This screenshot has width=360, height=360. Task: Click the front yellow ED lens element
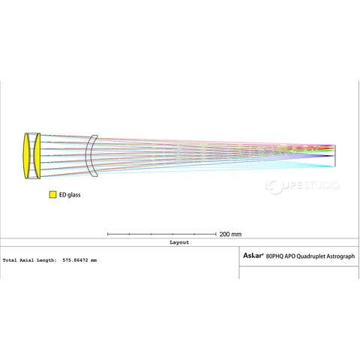(x=25, y=155)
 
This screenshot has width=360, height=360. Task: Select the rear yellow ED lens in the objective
(x=37, y=155)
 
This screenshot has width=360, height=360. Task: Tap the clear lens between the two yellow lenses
(x=31, y=155)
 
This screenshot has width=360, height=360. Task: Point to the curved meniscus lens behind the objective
(x=90, y=156)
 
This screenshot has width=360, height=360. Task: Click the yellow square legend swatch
(x=52, y=195)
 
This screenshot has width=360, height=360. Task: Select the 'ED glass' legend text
(x=70, y=195)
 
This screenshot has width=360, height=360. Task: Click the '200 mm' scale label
(x=230, y=234)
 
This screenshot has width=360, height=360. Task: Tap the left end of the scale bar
(x=107, y=234)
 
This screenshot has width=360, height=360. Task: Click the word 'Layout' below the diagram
(x=179, y=242)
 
